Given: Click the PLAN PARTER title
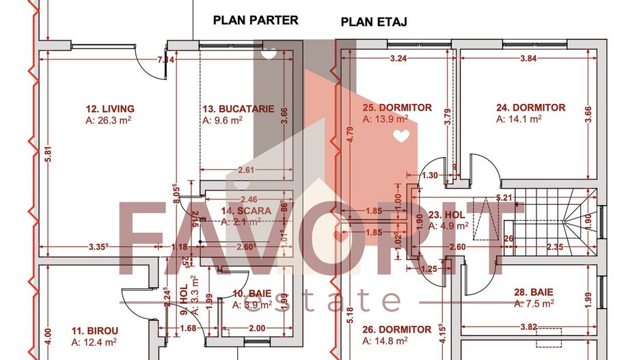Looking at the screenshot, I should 256,20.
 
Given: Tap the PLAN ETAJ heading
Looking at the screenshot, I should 374,22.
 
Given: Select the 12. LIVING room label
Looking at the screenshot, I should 110,109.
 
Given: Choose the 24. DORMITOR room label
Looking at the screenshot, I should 530,108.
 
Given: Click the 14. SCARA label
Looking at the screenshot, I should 246,211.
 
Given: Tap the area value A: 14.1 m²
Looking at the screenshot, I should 519,119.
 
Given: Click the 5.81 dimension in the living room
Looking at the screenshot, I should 48,155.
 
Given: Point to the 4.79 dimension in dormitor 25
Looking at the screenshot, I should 349,134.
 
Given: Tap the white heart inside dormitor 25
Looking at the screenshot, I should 403,137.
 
